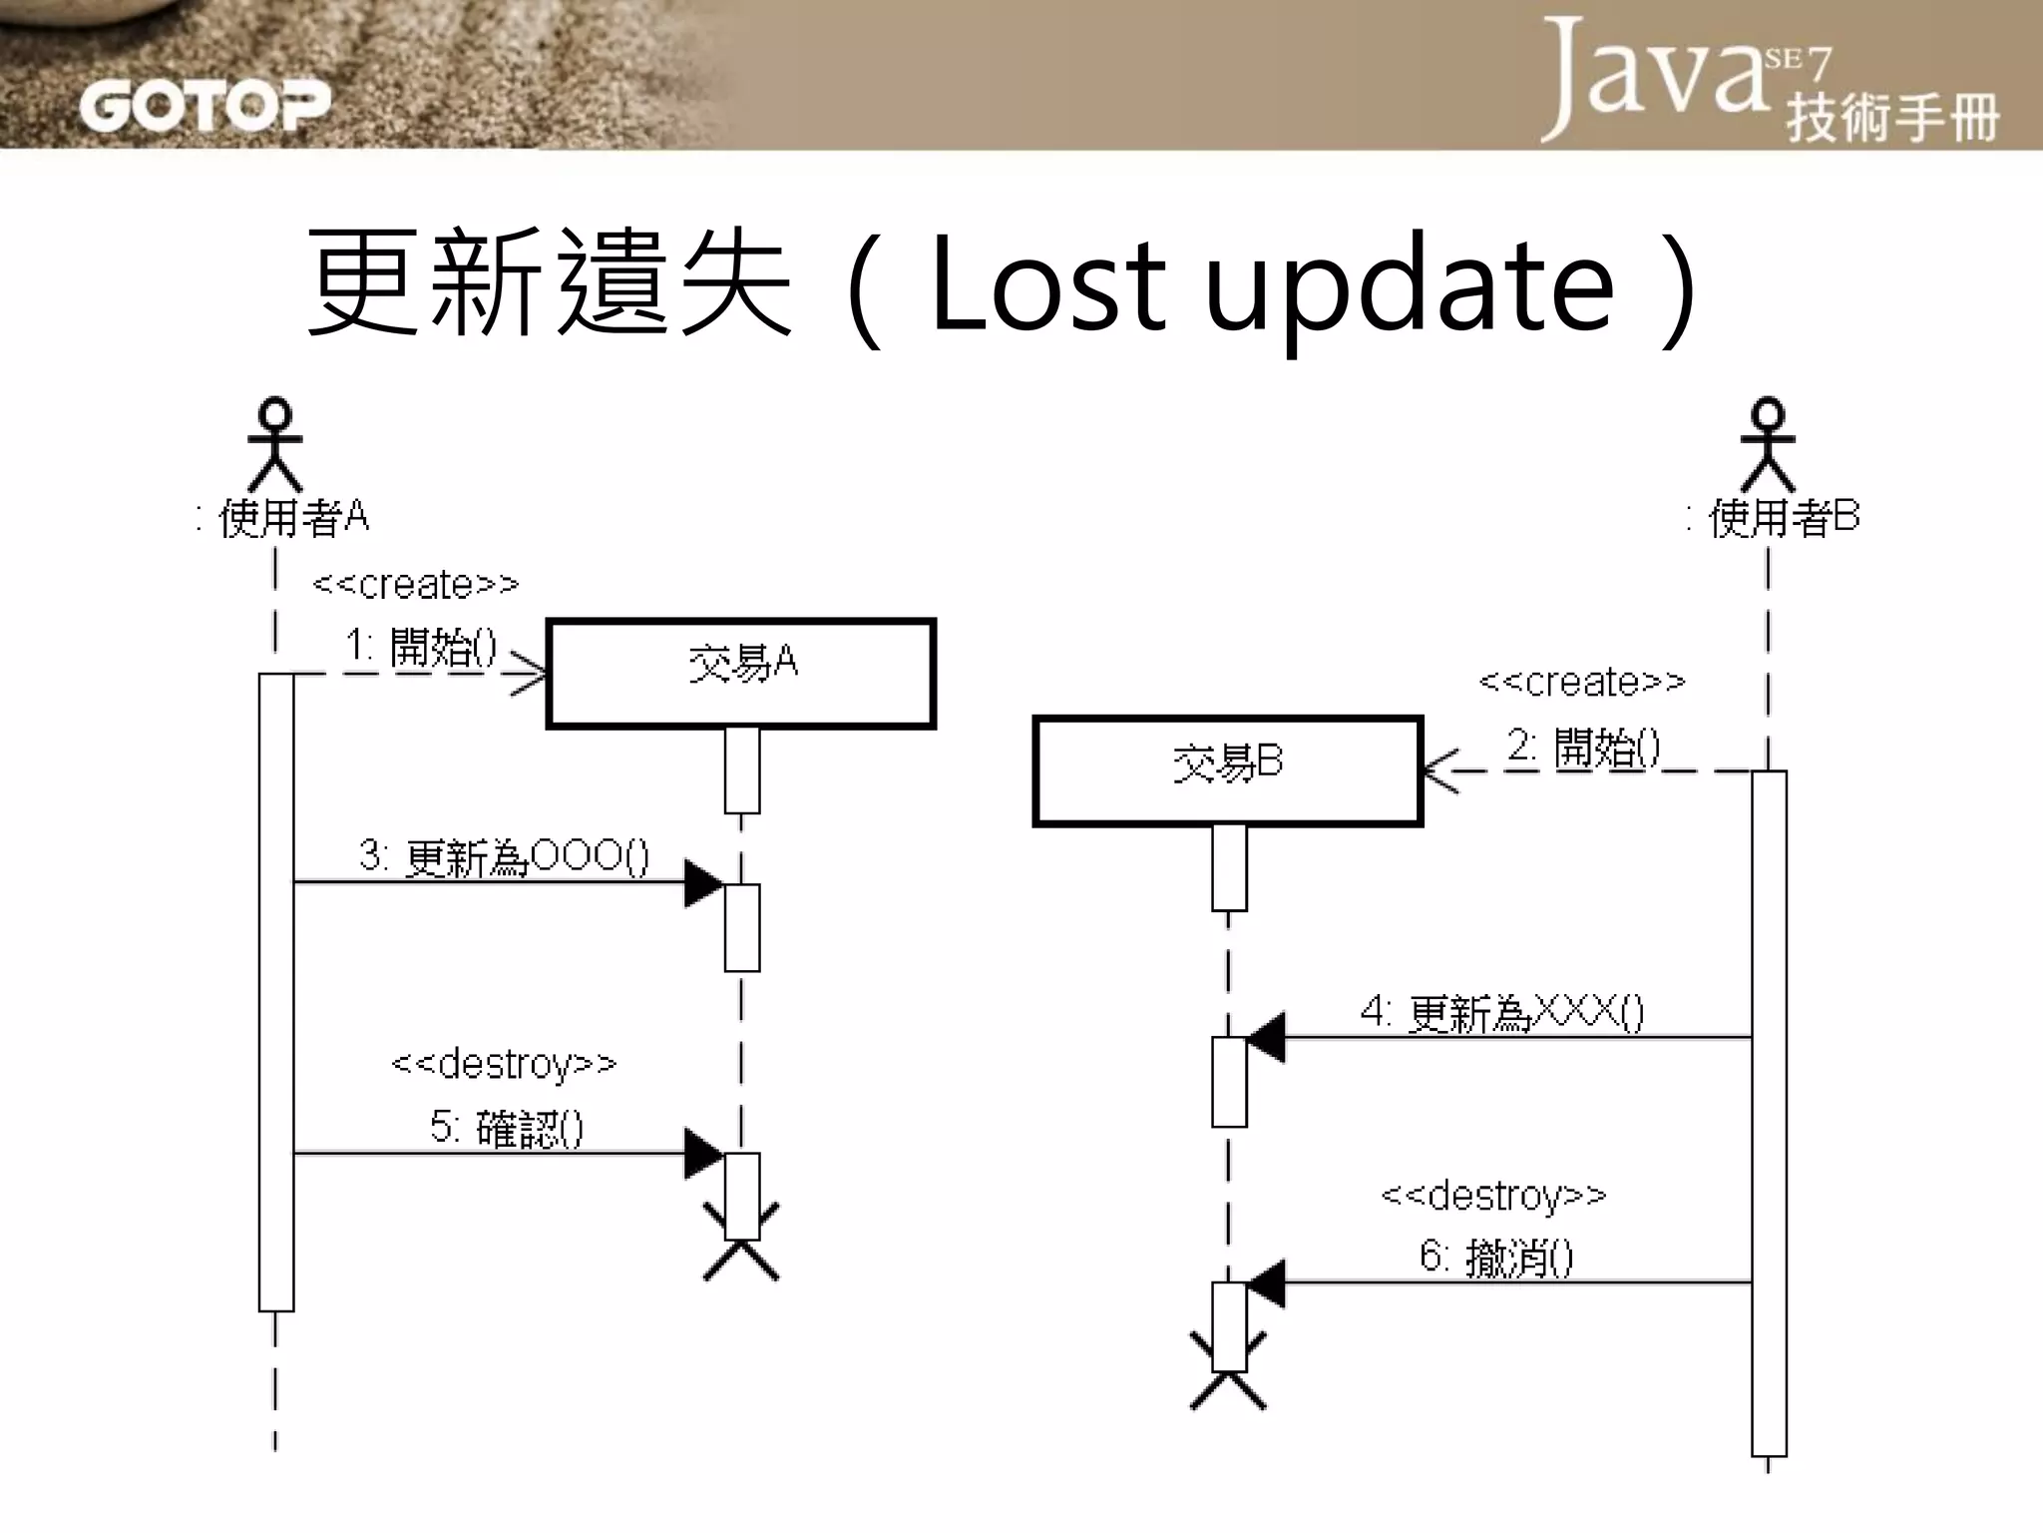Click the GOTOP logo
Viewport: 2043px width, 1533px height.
point(204,105)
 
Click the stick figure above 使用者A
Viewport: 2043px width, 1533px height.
point(274,443)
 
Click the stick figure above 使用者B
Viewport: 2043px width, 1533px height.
point(1768,443)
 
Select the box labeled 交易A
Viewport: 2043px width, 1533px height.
point(740,674)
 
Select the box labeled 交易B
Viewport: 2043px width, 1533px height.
point(1227,770)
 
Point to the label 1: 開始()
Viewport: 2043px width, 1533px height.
point(420,647)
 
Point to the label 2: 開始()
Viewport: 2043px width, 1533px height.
point(1583,747)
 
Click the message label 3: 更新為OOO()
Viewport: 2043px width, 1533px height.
point(504,856)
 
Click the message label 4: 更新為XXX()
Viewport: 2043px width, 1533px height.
point(1501,1013)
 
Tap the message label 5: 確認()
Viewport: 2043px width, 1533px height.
point(506,1128)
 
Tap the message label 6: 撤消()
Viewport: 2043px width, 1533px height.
point(1496,1257)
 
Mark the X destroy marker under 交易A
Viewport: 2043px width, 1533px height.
point(741,1243)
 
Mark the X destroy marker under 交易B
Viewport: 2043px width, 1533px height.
point(1228,1372)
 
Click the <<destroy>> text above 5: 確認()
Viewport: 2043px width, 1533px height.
point(504,1064)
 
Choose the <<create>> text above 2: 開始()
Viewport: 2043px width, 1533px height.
point(1582,682)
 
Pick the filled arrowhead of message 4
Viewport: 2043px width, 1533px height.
point(1265,1038)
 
